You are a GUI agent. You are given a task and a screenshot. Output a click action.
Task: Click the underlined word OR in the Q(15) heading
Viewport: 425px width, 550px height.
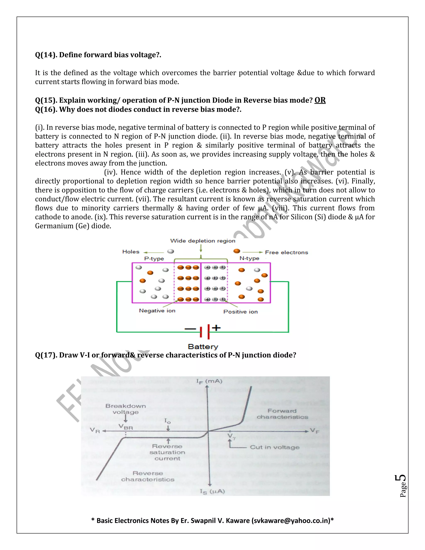[x=320, y=100]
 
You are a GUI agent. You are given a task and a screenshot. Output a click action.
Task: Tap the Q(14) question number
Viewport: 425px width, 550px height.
[x=46, y=55]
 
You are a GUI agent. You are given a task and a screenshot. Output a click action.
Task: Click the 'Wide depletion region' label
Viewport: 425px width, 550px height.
[x=203, y=241]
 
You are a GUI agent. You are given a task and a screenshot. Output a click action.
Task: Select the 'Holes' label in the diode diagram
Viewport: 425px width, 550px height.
[x=131, y=252]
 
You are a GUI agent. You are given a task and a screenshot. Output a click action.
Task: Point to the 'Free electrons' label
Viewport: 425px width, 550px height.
[x=287, y=252]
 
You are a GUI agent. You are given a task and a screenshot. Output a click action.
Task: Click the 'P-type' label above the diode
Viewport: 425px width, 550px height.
[x=154, y=259]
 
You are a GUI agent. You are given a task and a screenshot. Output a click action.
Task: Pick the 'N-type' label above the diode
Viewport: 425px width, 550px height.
[x=249, y=258]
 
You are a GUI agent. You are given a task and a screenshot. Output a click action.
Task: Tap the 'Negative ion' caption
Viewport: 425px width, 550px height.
[x=157, y=311]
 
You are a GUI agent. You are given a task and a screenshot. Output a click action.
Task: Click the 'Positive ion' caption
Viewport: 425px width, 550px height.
[x=241, y=312]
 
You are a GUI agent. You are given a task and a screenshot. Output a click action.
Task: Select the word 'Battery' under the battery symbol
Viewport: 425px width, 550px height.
[x=203, y=347]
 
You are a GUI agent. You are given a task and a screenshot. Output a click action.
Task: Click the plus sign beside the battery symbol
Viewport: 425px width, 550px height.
[x=216, y=328]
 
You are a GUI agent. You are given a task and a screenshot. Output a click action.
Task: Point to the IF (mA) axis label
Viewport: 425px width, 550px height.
[x=209, y=381]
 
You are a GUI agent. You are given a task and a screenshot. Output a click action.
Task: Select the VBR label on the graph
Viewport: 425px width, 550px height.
[x=126, y=427]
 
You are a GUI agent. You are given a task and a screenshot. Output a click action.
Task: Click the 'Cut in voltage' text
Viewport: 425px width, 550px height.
[x=275, y=447]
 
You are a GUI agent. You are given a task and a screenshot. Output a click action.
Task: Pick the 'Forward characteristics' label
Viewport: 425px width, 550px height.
[x=282, y=414]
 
